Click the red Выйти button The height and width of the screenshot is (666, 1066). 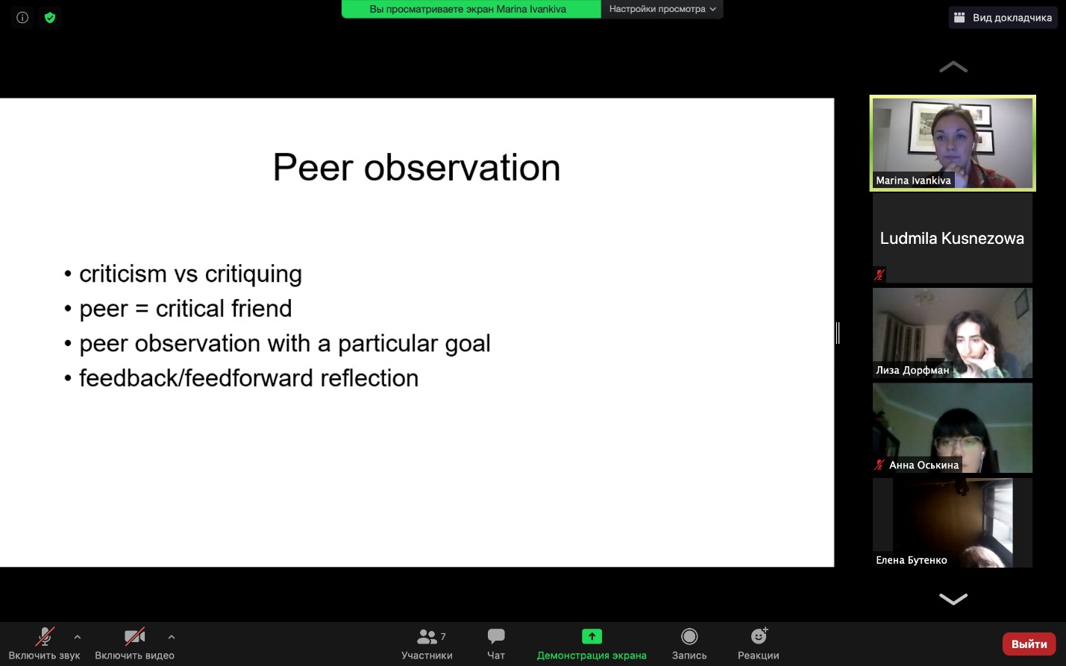tap(1029, 644)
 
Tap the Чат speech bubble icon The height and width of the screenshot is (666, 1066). tap(496, 636)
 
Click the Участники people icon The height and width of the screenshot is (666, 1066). tap(427, 636)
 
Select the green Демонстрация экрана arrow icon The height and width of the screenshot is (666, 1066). tap(592, 636)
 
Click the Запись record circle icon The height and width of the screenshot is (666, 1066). tap(689, 636)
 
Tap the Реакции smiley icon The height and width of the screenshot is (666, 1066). tap(759, 635)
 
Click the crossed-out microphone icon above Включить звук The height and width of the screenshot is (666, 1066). tap(45, 636)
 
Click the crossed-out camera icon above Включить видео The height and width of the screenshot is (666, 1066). tap(135, 636)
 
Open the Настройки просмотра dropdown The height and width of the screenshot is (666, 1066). tap(662, 9)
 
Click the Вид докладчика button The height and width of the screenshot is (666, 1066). tap(1003, 18)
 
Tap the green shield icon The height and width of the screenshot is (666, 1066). tap(50, 18)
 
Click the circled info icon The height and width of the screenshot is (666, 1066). tap(22, 18)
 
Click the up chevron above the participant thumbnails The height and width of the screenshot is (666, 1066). tap(953, 67)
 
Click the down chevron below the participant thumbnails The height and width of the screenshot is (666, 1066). tap(953, 598)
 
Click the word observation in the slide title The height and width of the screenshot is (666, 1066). tap(462, 168)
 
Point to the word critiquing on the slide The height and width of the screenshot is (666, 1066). tap(253, 274)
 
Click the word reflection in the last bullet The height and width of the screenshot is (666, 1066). tap(369, 378)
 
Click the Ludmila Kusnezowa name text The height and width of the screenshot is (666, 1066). tap(952, 239)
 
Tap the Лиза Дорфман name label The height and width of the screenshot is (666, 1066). tap(912, 370)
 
